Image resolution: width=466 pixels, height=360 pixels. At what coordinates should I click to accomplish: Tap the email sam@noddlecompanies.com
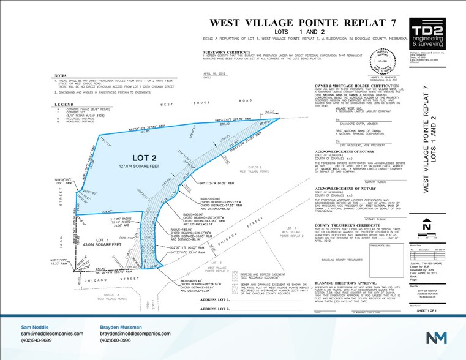click(x=52, y=333)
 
